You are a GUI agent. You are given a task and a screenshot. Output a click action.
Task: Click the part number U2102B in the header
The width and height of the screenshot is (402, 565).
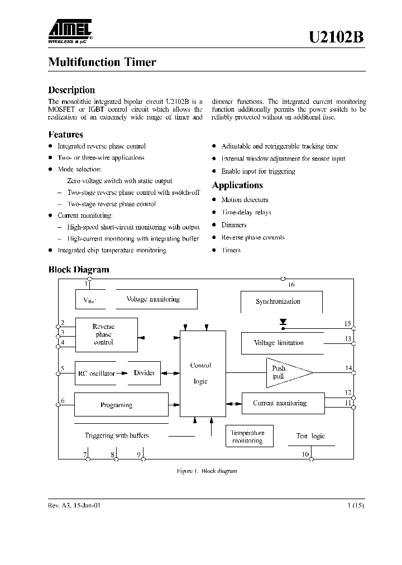[x=337, y=37]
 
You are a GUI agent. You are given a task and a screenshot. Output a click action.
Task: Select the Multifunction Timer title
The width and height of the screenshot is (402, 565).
[x=102, y=62]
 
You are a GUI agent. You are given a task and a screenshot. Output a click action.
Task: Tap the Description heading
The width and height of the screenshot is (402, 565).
[x=71, y=90]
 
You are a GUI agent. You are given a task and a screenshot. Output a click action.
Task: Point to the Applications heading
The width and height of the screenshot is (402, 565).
[x=237, y=185]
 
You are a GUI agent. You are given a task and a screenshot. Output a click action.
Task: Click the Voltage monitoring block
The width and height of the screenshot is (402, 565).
[x=153, y=299]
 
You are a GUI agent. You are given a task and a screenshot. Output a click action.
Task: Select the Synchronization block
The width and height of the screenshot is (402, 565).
[x=278, y=301]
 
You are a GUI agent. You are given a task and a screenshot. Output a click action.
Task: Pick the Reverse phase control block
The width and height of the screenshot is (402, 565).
[x=106, y=334]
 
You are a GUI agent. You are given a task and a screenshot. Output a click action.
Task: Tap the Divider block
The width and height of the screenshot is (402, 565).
[x=144, y=373]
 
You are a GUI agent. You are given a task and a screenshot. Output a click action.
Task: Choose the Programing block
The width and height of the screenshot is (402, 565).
[x=121, y=405]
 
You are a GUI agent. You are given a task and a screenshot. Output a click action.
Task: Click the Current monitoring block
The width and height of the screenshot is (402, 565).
[x=282, y=403]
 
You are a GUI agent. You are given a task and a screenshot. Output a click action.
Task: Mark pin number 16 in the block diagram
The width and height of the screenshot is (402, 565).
[x=291, y=285]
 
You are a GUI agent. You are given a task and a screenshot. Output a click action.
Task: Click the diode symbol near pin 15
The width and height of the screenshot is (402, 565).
[x=283, y=322]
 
